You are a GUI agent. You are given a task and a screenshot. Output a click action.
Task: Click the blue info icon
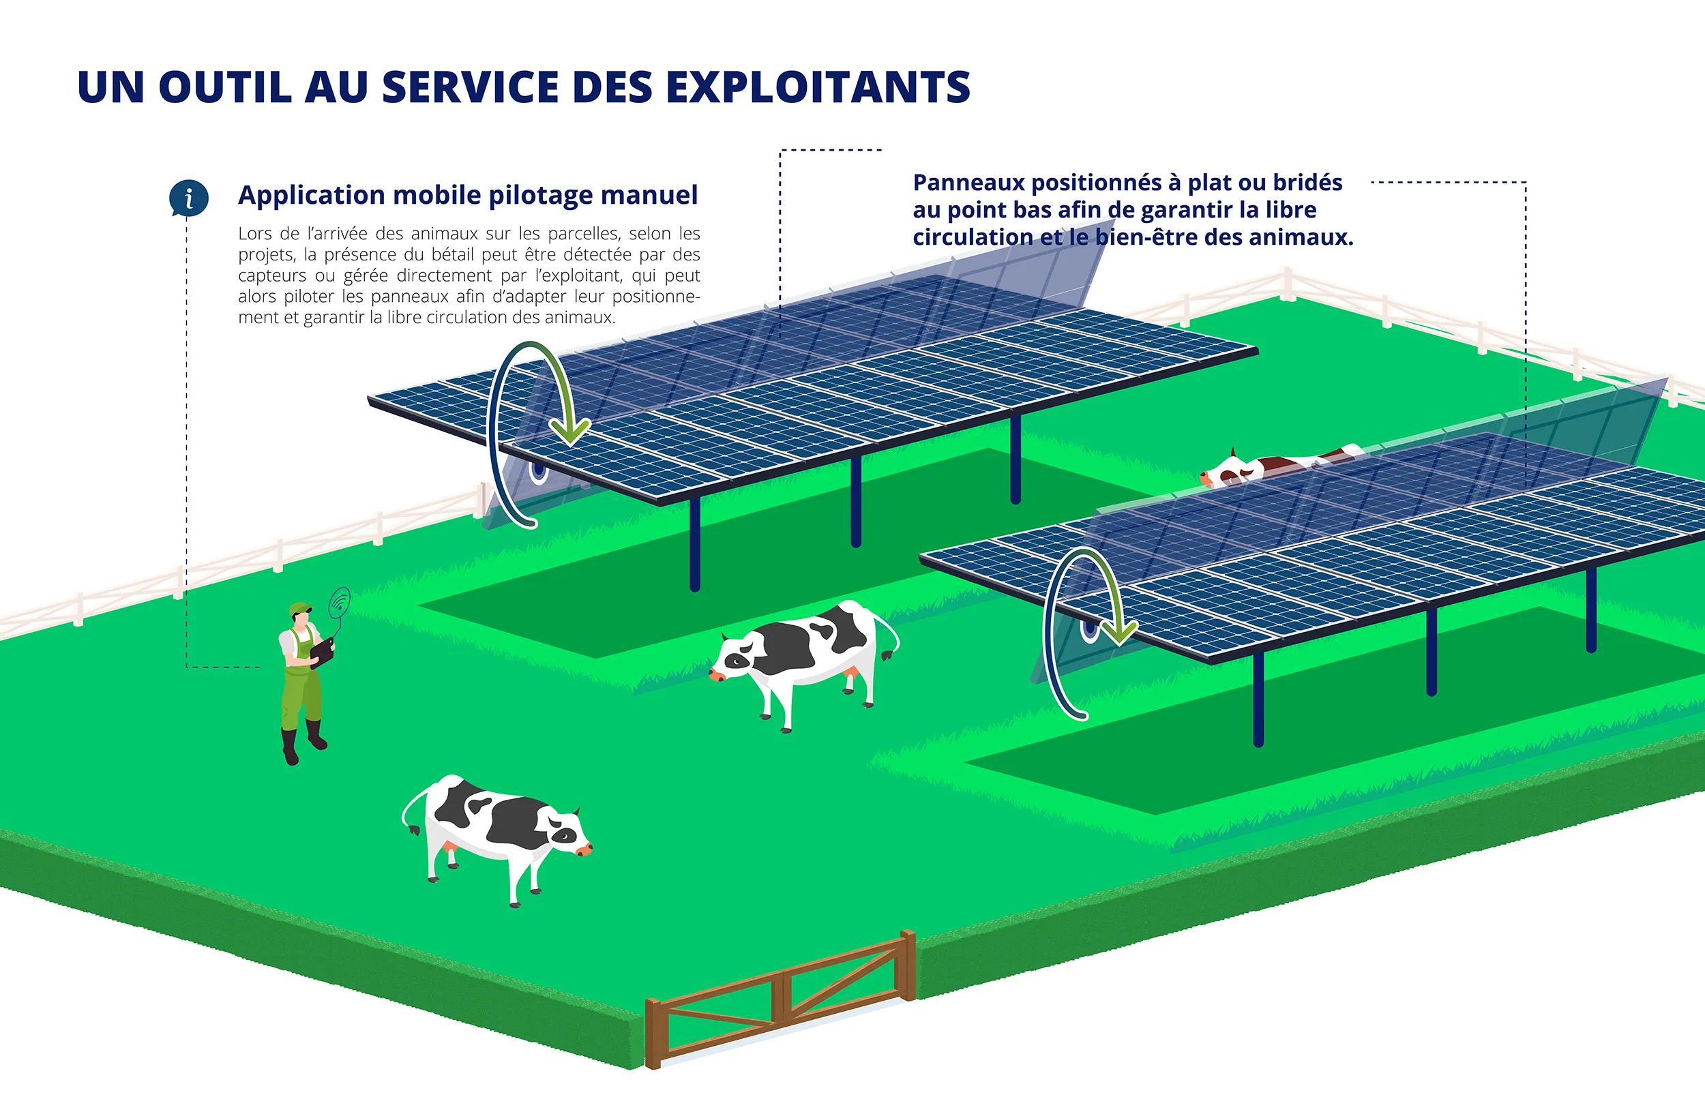click(x=188, y=198)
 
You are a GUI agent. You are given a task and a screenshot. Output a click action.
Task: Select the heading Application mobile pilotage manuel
click(x=467, y=195)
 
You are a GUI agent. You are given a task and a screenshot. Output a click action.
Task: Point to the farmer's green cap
click(x=301, y=608)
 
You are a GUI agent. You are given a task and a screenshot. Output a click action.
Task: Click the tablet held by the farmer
click(x=322, y=652)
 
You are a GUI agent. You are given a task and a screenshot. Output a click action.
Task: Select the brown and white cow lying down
click(x=1279, y=464)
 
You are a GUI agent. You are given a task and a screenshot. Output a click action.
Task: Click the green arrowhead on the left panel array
click(x=571, y=430)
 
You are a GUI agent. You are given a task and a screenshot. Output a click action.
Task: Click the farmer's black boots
click(x=304, y=742)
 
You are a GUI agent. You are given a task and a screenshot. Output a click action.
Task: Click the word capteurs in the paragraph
click(x=273, y=276)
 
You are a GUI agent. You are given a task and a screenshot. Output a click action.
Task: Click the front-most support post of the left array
click(x=694, y=545)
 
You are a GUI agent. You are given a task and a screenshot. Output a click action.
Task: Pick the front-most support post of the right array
click(x=1258, y=699)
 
